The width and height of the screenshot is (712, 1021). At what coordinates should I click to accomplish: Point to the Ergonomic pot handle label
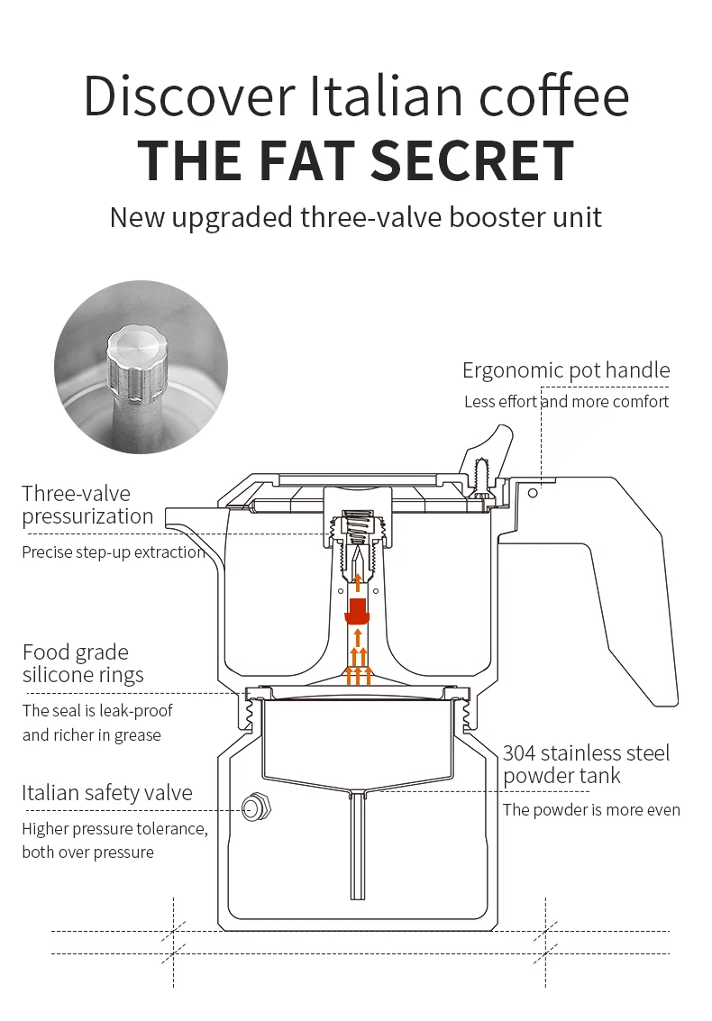566,370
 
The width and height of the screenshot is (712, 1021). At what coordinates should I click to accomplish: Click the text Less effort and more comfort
566,402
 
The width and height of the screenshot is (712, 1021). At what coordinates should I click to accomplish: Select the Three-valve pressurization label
87,505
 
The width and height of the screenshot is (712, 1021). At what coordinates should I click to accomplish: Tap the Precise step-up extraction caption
112,552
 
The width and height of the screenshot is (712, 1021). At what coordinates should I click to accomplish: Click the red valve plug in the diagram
358,609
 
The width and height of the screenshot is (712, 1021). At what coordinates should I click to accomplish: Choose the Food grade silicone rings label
83,663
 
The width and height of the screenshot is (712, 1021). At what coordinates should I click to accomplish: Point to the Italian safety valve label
106,793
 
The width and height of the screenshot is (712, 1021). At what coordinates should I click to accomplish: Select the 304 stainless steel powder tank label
586,764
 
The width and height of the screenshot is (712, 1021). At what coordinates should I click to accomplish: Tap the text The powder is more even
591,809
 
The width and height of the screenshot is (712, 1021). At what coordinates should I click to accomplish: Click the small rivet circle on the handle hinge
534,493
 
